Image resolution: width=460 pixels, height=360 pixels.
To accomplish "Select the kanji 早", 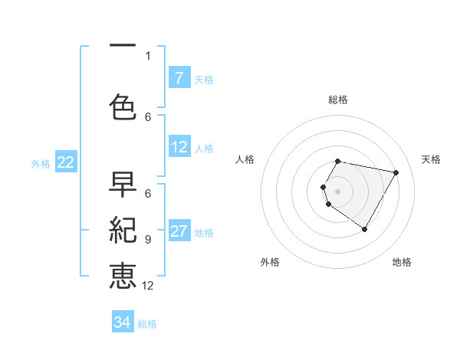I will [123, 185].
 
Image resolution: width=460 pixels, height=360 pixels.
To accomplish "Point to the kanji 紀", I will [123, 230].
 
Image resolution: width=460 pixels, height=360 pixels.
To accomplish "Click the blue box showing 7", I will [179, 78].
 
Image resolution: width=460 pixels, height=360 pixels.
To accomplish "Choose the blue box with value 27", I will [179, 232].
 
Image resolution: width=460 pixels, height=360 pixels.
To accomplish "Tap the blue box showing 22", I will [66, 162].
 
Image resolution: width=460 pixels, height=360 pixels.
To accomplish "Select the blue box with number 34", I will [123, 322].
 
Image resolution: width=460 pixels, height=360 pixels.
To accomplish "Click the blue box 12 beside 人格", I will [179, 147].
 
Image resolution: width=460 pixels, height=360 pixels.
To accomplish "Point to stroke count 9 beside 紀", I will [148, 239].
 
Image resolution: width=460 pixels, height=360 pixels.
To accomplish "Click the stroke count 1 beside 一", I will [148, 55].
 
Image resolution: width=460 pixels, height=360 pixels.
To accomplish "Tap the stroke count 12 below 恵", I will [148, 286].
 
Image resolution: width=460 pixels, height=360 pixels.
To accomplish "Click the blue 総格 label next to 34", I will [147, 324].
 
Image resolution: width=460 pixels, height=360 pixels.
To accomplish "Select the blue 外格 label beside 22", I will [41, 163].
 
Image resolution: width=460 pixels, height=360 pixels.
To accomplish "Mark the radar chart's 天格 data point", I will [396, 172].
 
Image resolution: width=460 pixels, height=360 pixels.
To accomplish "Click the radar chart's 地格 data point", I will [364, 229].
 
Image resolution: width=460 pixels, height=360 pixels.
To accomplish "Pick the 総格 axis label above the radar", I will [338, 100].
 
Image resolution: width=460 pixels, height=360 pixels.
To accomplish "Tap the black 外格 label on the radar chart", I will [270, 262].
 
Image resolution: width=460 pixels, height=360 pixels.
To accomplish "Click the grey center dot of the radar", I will [338, 191].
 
